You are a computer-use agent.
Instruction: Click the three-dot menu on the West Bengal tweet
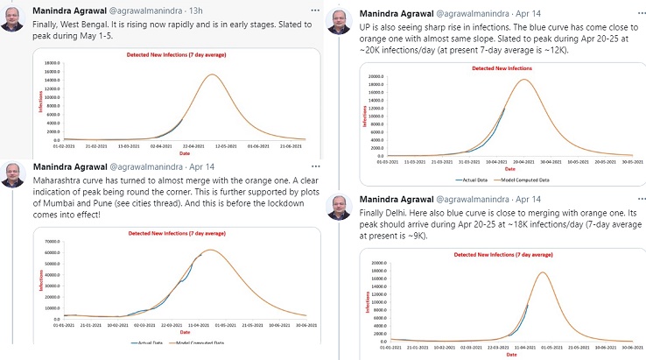pos(310,9)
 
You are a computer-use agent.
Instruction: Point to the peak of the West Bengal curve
pos(211,75)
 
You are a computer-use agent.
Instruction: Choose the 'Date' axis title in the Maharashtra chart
pos(185,332)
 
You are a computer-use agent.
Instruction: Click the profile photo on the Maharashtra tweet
pos(13,173)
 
